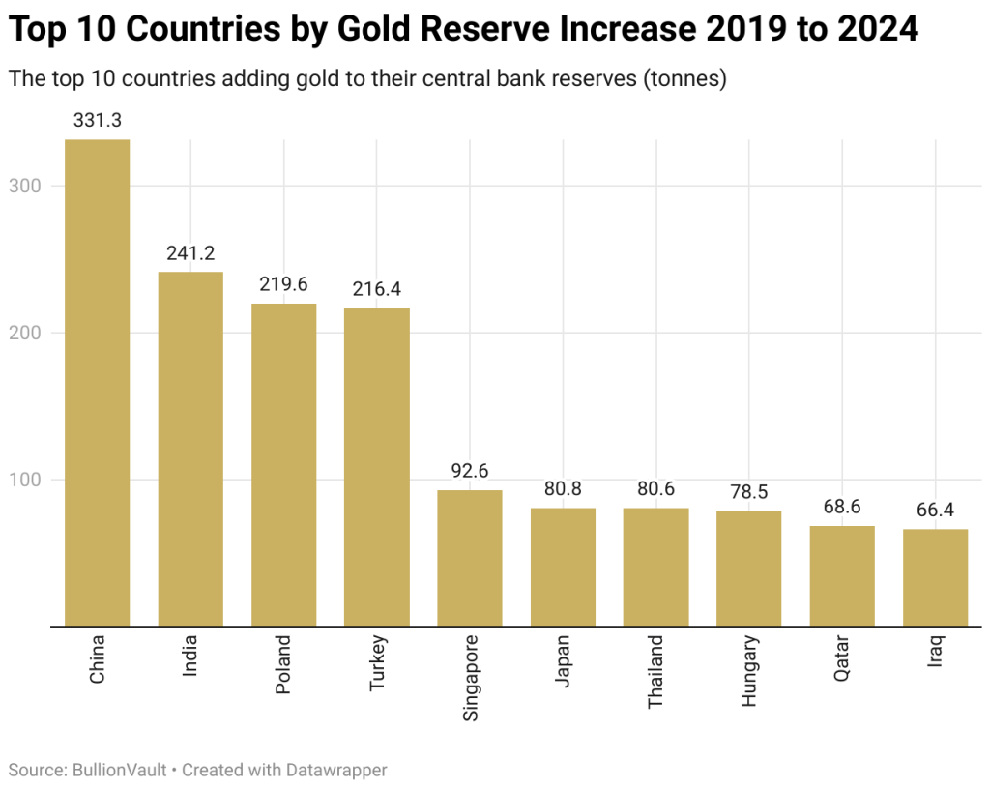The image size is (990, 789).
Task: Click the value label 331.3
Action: [x=97, y=121]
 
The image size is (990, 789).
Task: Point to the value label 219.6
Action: [x=283, y=285]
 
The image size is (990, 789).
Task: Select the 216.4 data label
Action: [x=377, y=289]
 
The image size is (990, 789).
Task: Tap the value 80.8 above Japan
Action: [x=563, y=489]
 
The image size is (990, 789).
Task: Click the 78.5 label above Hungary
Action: [x=748, y=492]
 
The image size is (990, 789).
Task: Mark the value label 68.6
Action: [x=842, y=507]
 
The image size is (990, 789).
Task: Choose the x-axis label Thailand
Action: [x=656, y=671]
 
